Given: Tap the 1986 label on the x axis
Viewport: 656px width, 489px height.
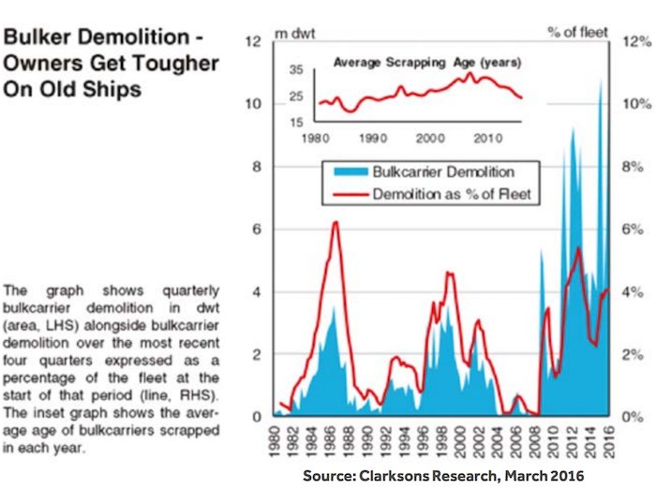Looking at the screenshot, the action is point(331,442).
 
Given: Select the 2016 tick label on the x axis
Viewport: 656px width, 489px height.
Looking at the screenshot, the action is point(610,442).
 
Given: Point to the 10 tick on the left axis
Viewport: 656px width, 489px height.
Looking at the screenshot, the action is point(253,104).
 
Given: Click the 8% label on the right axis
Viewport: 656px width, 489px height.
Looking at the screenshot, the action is point(633,167).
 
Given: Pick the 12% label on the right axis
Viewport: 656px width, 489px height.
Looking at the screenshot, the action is point(637,41).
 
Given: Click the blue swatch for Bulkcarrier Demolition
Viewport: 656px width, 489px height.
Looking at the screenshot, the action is point(350,171).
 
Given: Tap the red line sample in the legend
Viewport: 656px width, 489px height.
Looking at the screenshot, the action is point(350,194).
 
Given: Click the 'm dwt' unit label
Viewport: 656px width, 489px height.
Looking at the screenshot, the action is point(295,34).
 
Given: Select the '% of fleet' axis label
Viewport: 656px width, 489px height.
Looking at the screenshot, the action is point(578,32).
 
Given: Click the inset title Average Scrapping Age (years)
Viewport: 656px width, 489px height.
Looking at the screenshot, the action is point(427,63).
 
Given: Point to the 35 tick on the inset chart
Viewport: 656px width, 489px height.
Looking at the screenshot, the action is point(296,69).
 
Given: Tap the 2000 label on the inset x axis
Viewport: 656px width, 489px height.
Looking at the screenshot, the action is point(430,138).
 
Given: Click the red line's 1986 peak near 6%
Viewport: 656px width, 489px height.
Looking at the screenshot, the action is point(335,222).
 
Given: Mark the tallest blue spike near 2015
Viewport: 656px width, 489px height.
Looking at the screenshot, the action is point(602,79).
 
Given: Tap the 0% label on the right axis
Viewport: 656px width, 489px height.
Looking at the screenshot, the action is point(633,417).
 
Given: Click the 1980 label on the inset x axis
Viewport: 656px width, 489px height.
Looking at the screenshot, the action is point(316,138).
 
